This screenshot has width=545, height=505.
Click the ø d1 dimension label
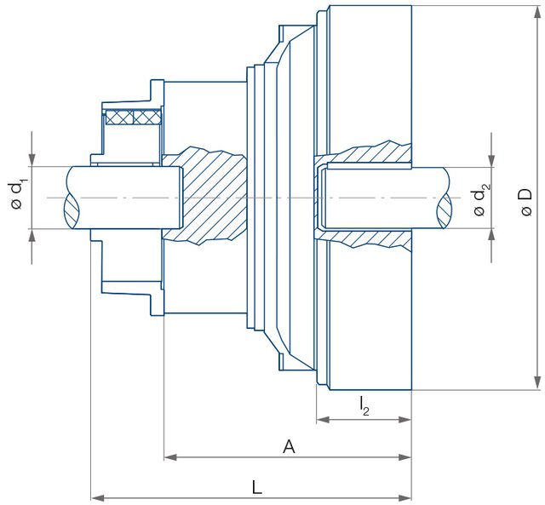pos(19,192)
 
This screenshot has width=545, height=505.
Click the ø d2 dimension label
pos(481,199)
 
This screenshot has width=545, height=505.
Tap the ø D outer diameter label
pos(525,201)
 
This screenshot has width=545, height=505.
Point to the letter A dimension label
pos(289,445)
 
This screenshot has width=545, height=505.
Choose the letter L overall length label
pos(257,486)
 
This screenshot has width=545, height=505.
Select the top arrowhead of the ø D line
pos(537,13)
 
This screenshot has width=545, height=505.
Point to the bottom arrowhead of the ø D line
pos(537,382)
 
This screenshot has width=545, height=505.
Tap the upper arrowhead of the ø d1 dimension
pos(32,159)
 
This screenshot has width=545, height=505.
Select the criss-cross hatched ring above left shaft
pos(134,117)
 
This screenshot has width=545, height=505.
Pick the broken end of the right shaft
pos(448,198)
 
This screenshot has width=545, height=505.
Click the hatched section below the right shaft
pos(366,238)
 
